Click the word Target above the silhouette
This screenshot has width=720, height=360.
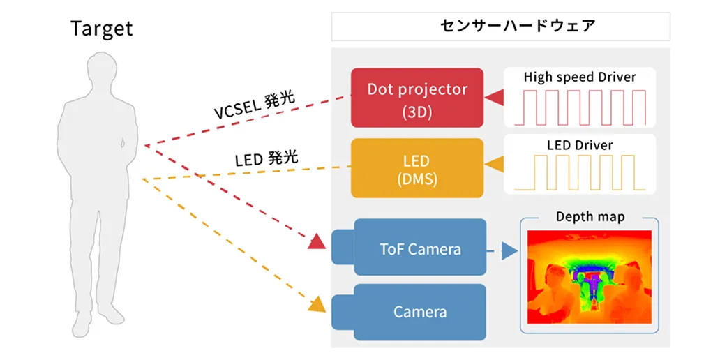tap(101, 29)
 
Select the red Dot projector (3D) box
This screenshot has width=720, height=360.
tap(417, 98)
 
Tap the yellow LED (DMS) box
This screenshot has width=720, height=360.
tap(417, 168)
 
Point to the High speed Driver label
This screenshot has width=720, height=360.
tap(580, 77)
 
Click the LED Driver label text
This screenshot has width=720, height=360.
tap(580, 144)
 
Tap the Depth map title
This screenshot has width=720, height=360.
tap(590, 216)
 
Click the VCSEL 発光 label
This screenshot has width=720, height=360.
tap(253, 105)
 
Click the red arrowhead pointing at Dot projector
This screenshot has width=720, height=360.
tap(495, 98)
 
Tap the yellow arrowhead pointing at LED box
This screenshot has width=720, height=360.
tap(495, 165)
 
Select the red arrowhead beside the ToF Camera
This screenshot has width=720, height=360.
tap(317, 241)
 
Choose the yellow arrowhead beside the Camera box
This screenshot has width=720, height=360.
tap(317, 304)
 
